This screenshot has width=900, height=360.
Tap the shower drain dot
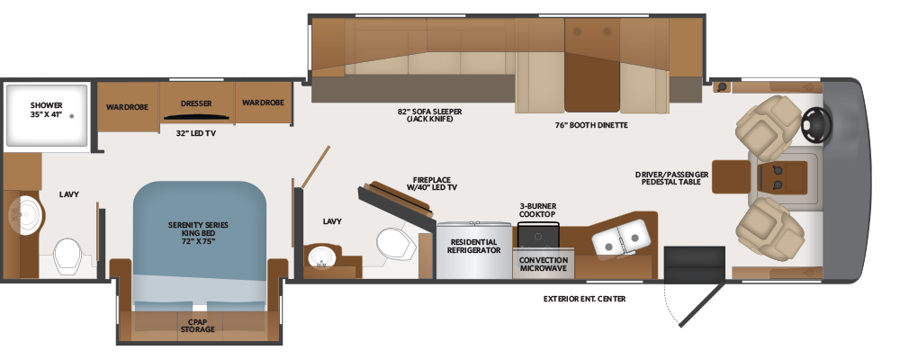pos(72,116)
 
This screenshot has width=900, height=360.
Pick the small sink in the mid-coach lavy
pos(321,256)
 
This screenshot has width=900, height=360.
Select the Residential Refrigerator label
pos(473,246)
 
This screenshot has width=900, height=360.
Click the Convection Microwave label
pos(543,264)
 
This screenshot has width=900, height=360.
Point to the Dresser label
pos(196,103)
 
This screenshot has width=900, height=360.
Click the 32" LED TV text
pos(195,133)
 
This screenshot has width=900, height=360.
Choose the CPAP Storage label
pos(197,326)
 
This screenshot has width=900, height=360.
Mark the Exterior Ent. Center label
pos(584,299)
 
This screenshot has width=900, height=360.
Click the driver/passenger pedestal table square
pos(731,176)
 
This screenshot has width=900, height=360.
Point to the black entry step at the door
pos(694,265)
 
